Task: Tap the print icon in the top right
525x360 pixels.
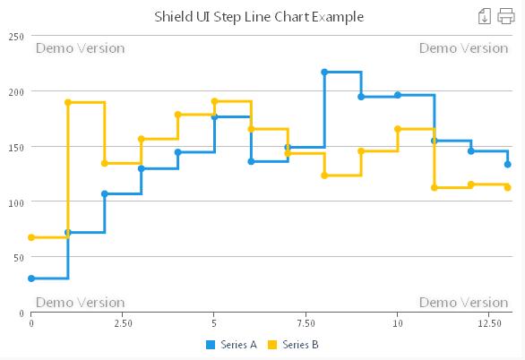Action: click(506, 15)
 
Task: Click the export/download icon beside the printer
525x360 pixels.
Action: click(485, 15)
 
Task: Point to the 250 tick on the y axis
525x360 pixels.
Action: click(16, 36)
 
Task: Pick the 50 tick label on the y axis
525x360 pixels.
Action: click(18, 258)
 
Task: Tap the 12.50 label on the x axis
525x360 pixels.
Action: click(489, 322)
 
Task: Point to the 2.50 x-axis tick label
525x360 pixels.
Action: click(123, 322)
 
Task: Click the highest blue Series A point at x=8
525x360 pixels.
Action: click(324, 73)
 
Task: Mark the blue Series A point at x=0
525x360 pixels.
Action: click(31, 279)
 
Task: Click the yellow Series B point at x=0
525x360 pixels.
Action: click(31, 237)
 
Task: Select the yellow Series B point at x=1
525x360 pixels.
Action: click(68, 102)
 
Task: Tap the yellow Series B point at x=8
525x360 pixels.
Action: click(324, 176)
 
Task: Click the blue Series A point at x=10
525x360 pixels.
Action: click(398, 95)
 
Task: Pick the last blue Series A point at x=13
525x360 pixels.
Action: click(507, 164)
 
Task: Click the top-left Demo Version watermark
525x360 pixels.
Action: click(80, 48)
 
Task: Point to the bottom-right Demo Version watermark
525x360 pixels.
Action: click(463, 303)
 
